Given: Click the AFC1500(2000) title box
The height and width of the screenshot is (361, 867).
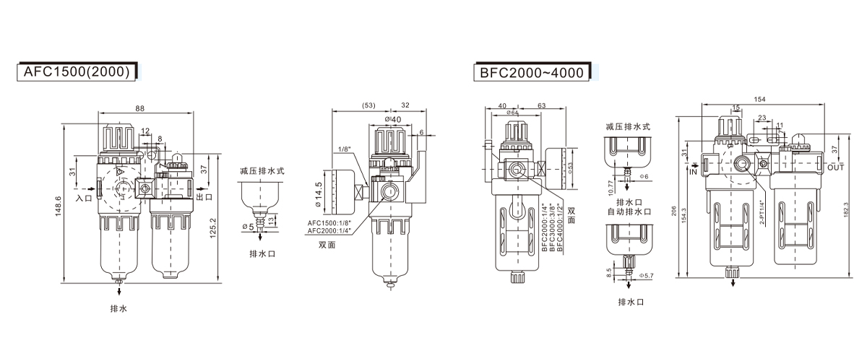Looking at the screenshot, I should point(75,71).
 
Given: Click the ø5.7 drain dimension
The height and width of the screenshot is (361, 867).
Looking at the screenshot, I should point(647,275).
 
